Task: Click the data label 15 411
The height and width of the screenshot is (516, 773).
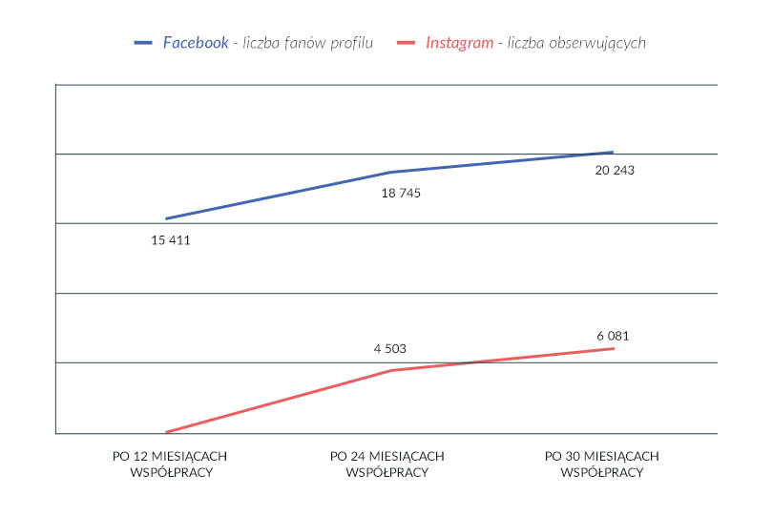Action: point(171,240)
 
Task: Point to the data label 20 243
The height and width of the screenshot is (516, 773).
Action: point(614,171)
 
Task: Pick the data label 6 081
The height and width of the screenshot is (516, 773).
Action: point(612,336)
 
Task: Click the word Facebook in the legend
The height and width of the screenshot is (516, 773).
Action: point(196,43)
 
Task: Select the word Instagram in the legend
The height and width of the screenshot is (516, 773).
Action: point(460,43)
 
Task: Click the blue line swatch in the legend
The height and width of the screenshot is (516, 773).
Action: point(144,43)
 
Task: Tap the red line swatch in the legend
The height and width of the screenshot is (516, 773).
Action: point(407,43)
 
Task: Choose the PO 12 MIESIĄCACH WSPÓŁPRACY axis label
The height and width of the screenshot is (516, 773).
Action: point(170,464)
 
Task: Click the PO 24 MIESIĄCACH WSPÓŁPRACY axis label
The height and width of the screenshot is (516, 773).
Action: point(386,464)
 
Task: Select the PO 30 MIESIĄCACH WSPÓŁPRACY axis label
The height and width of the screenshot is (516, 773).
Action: point(602,464)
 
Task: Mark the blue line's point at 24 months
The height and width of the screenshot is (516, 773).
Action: point(390,173)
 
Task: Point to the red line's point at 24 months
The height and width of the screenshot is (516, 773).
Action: point(390,370)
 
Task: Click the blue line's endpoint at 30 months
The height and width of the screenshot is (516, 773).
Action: point(612,152)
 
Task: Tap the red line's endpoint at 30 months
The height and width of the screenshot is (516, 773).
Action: point(613,348)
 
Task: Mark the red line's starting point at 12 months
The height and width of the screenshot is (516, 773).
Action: point(166,432)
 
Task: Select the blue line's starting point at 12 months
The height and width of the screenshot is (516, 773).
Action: point(166,218)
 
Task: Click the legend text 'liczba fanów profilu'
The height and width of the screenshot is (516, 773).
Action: point(308,43)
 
